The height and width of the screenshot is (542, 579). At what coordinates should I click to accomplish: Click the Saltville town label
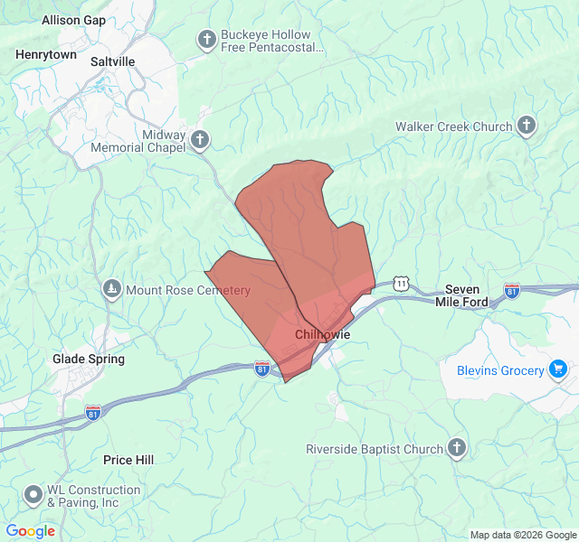coord(113,61)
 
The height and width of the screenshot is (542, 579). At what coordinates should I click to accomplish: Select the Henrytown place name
coord(46,54)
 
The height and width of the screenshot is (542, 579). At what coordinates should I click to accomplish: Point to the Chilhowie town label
coord(322,334)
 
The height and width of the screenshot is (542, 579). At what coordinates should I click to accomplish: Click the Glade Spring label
coord(89,359)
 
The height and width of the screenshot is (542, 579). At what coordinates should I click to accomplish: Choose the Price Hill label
coord(128,460)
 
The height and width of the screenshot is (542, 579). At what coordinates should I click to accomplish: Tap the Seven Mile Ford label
coord(461,295)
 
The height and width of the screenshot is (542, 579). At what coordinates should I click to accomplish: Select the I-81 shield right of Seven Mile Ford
coord(512,290)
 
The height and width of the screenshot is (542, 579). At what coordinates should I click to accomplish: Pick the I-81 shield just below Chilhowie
coord(262,368)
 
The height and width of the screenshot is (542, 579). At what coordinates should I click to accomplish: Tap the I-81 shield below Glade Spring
coord(93,412)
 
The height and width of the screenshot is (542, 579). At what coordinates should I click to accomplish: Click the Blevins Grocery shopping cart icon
coord(558,369)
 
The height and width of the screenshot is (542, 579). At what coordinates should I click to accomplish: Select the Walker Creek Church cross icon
coord(527,126)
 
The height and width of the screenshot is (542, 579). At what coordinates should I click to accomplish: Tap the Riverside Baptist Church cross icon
coord(458,449)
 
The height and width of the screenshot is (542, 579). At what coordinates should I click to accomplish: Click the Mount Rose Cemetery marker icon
coord(112,290)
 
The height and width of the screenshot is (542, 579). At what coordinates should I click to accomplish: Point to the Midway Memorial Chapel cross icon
coord(200,140)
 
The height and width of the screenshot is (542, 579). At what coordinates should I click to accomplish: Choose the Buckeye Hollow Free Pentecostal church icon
coord(207,39)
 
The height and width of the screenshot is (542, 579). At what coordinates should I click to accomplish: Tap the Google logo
coord(30,531)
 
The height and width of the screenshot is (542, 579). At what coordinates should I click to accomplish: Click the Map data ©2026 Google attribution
coord(522,535)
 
